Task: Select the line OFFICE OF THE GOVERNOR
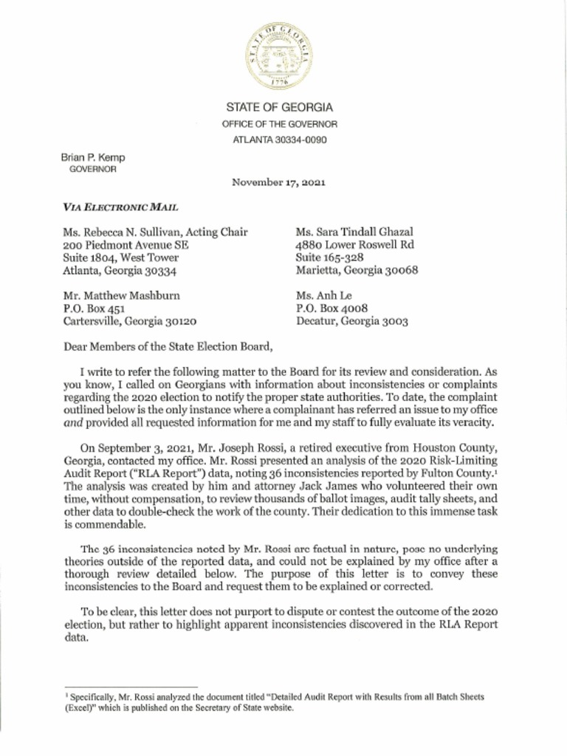279,124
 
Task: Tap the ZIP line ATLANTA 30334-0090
279,140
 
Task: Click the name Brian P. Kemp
93,157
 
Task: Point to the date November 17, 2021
278,182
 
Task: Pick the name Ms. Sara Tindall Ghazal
354,232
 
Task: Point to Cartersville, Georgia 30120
130,321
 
